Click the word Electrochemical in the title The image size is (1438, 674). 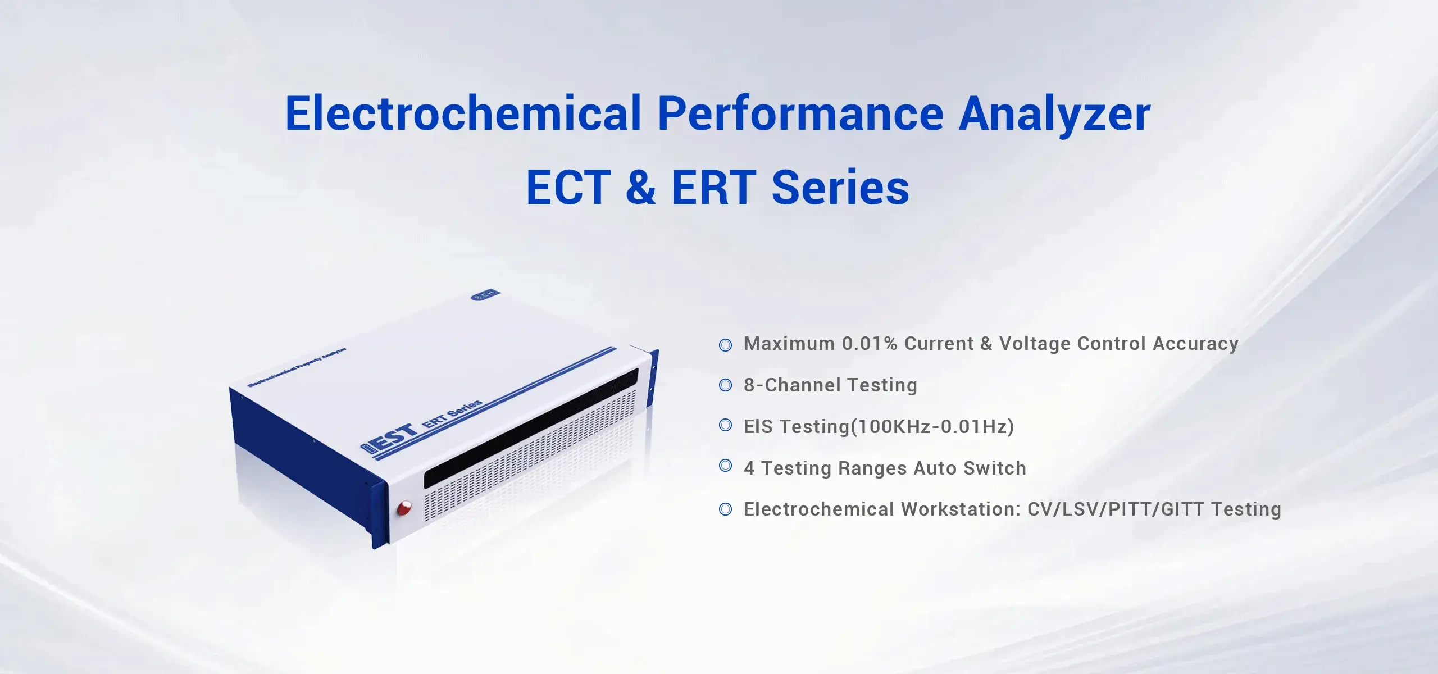tap(463, 114)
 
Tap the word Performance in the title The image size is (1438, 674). tap(800, 114)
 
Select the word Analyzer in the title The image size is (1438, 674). tap(1054, 114)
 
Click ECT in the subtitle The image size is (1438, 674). tap(568, 188)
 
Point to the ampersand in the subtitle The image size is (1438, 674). tap(640, 188)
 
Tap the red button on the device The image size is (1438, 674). tap(404, 508)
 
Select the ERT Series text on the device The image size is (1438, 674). tap(452, 413)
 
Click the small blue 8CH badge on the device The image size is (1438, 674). tap(484, 295)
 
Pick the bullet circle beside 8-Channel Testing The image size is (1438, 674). tap(725, 385)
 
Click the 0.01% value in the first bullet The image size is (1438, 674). tap(869, 344)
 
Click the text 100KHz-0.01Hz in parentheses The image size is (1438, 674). tap(932, 427)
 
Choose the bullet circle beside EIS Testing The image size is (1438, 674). tap(725, 426)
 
